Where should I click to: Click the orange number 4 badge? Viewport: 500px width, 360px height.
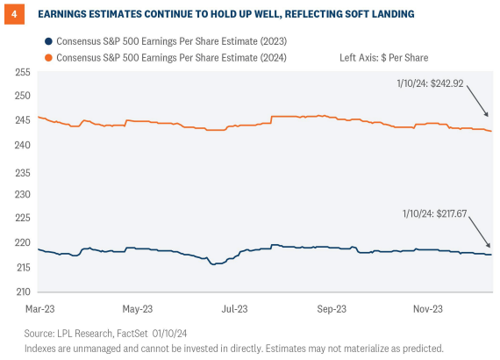pos(13,14)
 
